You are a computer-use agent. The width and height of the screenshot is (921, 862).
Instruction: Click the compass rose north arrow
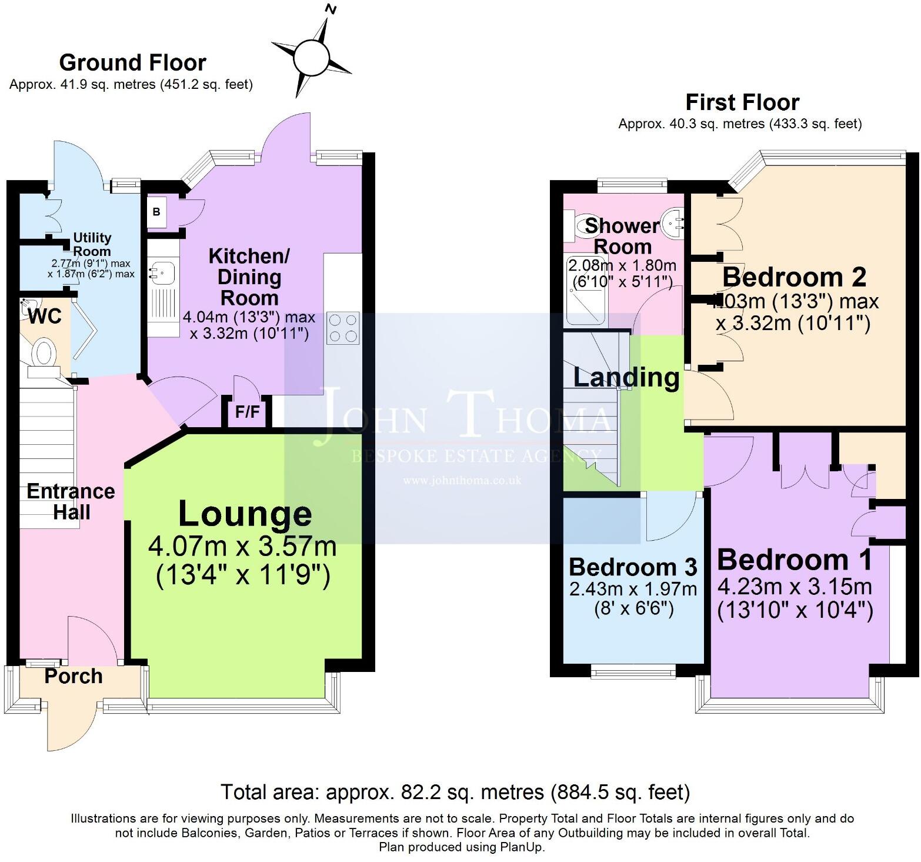311,57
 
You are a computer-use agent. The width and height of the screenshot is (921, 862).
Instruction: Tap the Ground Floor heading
132,62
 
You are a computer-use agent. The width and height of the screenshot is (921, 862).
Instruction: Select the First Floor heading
742,102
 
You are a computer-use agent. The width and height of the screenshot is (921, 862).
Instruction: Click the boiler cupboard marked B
156,212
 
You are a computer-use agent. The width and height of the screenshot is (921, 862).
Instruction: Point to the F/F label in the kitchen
247,412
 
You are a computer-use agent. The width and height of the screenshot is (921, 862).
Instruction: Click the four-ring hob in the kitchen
343,328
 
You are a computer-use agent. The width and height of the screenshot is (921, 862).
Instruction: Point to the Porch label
74,676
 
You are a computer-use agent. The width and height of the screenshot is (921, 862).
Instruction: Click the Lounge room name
245,513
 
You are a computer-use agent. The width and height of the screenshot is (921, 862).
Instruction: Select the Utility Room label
92,244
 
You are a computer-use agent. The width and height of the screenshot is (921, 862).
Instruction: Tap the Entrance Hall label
71,501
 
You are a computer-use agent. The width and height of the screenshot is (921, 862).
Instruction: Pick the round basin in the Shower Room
672,224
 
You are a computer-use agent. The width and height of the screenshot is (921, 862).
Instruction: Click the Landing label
626,377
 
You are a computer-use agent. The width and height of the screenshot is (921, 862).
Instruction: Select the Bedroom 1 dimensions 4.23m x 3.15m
795,587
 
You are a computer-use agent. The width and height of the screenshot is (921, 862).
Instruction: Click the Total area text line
455,792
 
